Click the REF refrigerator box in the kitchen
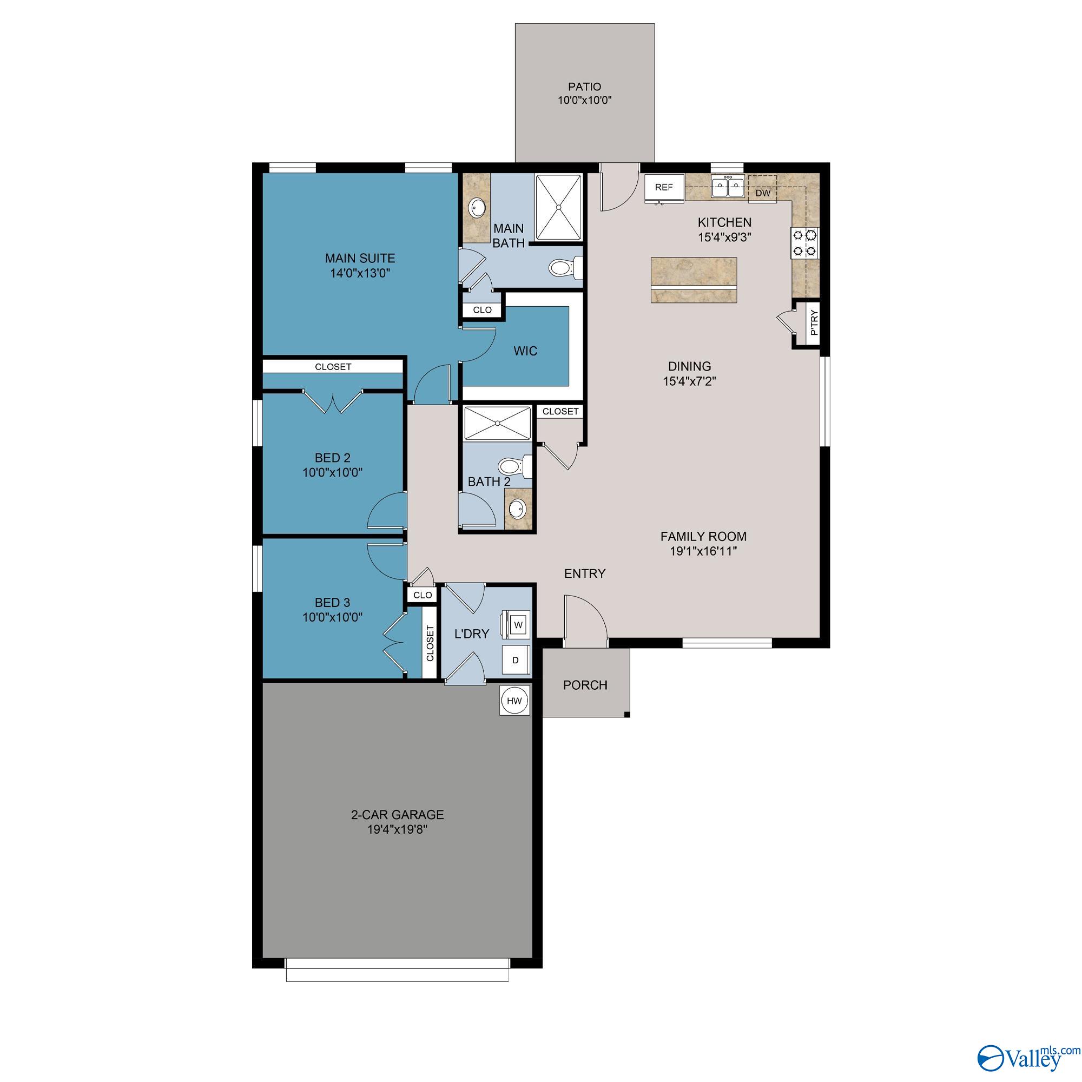click(x=664, y=187)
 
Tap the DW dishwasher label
click(x=763, y=193)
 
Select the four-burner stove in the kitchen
click(x=804, y=242)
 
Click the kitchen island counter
click(x=694, y=280)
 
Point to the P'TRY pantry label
click(x=814, y=323)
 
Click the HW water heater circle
click(x=514, y=701)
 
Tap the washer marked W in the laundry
click(x=518, y=624)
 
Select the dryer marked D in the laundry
click(x=515, y=659)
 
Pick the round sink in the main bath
click(x=478, y=208)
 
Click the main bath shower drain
click(x=558, y=207)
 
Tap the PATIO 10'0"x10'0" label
click(x=584, y=94)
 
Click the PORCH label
click(x=585, y=685)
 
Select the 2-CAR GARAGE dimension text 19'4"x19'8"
click(x=397, y=829)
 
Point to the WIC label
click(x=525, y=351)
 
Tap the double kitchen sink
click(x=728, y=187)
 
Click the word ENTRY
click(x=584, y=573)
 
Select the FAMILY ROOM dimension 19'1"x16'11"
click(x=703, y=551)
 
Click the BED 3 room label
click(x=332, y=603)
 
